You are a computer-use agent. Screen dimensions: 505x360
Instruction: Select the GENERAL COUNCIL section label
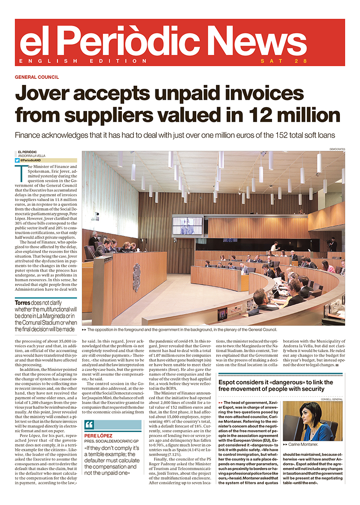37,77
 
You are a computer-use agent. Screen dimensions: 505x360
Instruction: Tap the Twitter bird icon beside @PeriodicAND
17,160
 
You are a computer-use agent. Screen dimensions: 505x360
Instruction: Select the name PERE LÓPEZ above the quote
99,435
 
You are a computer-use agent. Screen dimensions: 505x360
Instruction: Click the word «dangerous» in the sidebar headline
283,383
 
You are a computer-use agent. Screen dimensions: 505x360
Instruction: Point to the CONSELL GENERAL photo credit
332,399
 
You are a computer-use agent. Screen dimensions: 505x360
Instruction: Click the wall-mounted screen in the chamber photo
188,226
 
